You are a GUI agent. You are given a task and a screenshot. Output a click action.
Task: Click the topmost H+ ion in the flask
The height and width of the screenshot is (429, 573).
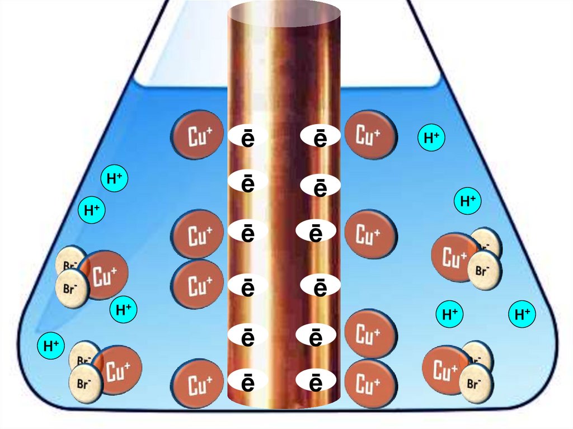click(x=431, y=138)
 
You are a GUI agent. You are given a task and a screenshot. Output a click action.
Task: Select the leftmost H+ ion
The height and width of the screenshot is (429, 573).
click(x=51, y=346)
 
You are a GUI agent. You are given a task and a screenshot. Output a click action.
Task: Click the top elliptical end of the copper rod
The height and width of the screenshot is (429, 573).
click(x=284, y=11)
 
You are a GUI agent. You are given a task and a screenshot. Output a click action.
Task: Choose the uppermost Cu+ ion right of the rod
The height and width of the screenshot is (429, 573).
click(x=370, y=135)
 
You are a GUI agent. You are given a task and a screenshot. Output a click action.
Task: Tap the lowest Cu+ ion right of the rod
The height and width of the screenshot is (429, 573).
click(x=370, y=384)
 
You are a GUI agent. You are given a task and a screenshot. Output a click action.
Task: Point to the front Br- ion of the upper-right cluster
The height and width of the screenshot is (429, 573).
click(x=483, y=270)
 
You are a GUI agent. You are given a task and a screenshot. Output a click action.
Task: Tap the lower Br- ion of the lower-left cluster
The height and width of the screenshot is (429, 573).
click(x=85, y=384)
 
